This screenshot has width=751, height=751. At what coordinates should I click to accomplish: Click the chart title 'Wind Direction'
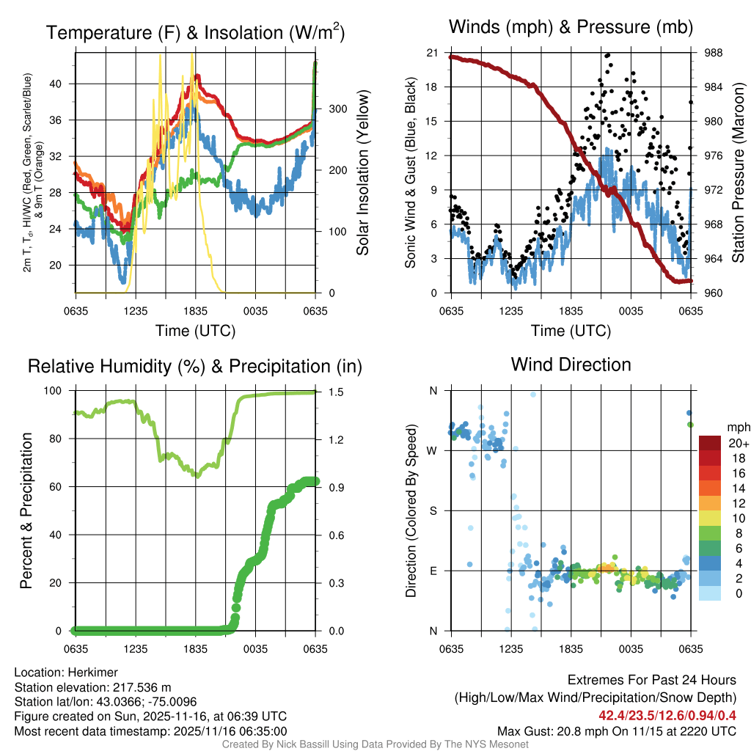coord(571,364)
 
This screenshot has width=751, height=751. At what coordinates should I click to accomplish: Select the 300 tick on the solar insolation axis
coord(328,109)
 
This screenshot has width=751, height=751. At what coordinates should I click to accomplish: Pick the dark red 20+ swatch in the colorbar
coord(709,443)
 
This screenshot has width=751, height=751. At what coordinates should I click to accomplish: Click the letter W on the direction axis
coord(433,451)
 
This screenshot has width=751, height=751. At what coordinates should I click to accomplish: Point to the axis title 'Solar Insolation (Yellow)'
coord(362,173)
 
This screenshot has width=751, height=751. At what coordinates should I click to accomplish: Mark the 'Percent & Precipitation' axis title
coord(26,510)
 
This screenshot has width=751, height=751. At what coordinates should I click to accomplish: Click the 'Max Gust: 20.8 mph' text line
coord(616,731)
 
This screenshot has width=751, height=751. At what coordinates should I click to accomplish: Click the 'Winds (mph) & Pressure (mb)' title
coord(571,28)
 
